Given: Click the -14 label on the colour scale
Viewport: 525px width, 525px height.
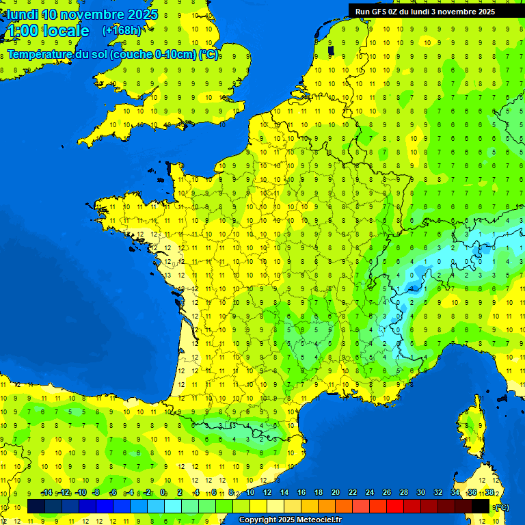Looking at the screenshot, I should [47, 493].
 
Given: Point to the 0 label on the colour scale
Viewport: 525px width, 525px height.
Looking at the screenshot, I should [163, 493].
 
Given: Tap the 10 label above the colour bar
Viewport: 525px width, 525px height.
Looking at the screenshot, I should [250, 493].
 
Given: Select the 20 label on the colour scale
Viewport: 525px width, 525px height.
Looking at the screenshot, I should [335, 493].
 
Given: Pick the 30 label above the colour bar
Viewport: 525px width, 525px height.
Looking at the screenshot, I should [420, 493].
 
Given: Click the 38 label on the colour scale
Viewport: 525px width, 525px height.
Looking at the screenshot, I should [489, 493].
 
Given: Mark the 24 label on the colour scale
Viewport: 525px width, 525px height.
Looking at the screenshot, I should [369, 493].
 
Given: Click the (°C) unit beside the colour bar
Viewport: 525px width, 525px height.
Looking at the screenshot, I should [501, 507].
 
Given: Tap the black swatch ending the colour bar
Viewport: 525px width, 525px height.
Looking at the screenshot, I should [481, 507].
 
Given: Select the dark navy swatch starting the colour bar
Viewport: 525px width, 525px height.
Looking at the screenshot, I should [36, 507].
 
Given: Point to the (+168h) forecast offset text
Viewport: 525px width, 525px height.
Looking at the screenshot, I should [122, 30].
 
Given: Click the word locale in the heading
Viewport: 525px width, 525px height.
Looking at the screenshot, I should [66, 31].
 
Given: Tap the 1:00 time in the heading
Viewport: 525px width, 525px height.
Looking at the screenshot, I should [23, 31].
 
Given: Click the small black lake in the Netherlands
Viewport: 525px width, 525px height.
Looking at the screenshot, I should [331, 50].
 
